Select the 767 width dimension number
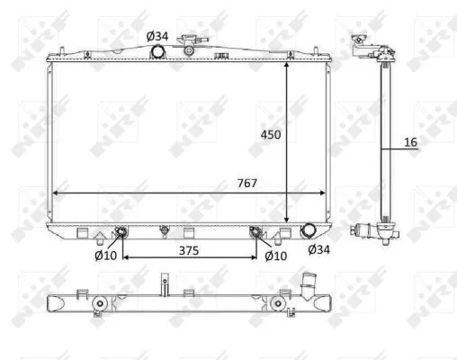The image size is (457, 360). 246,183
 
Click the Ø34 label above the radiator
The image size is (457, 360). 157,36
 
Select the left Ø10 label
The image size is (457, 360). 106,256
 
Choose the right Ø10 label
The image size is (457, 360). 275,256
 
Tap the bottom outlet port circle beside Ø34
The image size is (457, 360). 309,232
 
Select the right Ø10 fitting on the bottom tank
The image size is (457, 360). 257,236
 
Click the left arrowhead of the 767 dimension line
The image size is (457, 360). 55,193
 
